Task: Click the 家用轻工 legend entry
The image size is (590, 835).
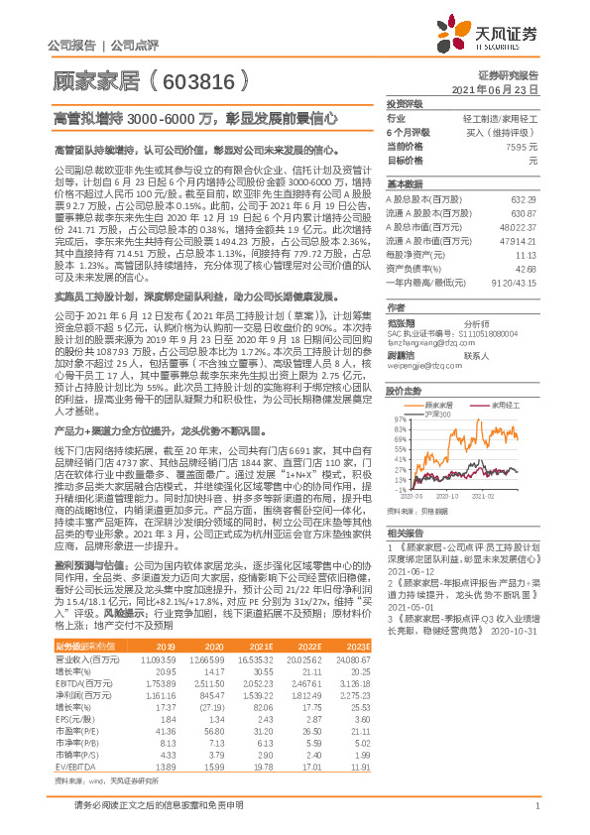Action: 506,405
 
